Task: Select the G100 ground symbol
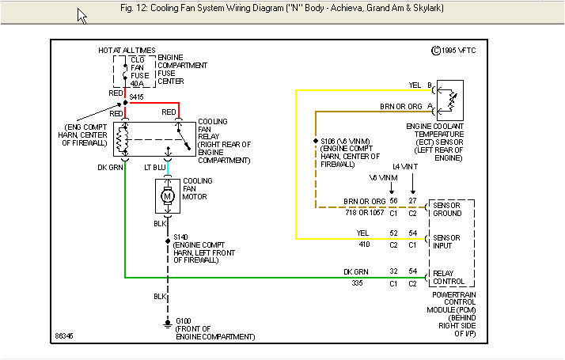[167, 324]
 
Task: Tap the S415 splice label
[137, 96]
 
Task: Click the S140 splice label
[180, 237]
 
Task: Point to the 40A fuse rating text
[137, 82]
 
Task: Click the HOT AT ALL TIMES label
[127, 51]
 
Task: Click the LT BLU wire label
[154, 168]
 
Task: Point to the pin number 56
[392, 201]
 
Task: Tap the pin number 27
[413, 201]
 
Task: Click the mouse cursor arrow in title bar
[82, 16]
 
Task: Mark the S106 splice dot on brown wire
[316, 141]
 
